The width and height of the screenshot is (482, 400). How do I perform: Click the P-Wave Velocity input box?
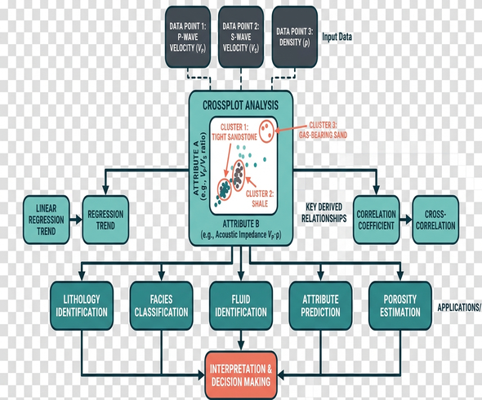[188, 37]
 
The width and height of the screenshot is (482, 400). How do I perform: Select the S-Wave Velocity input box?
[241, 37]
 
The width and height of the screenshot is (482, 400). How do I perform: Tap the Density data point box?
[295, 37]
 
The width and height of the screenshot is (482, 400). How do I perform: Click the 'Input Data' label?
[337, 38]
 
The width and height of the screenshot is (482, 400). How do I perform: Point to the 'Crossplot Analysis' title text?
[240, 105]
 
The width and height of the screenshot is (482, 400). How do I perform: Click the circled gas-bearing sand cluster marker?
[266, 131]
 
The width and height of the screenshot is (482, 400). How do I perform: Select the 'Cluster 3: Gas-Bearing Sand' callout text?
[323, 130]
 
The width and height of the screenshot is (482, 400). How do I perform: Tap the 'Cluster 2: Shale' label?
[260, 198]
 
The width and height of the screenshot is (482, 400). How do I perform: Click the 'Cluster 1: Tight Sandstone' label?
[234, 132]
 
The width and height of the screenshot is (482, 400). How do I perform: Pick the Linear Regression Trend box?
[47, 220]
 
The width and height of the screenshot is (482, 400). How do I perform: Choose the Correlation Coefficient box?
[377, 220]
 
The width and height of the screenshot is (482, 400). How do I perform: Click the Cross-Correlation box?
[435, 220]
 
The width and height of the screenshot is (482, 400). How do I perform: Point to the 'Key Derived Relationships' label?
[324, 212]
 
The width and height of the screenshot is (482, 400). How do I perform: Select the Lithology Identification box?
[82, 305]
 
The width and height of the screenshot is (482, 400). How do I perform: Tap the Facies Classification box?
[162, 305]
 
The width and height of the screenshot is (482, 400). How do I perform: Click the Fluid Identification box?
[241, 305]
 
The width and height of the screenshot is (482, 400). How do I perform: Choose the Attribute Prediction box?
[320, 305]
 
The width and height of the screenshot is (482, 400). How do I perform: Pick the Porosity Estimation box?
[400, 305]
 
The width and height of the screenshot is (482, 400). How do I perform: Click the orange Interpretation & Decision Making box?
[241, 376]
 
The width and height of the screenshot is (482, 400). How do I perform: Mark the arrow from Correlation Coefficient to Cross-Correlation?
[406, 220]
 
